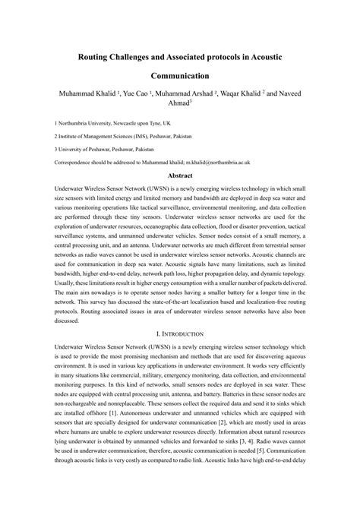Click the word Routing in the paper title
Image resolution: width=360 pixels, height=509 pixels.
(102, 56)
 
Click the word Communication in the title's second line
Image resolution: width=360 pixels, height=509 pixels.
(179, 76)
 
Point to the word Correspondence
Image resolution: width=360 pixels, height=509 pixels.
(78, 163)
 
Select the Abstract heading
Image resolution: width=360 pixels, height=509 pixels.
(179, 175)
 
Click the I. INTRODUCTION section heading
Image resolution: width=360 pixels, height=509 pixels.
(179, 334)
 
